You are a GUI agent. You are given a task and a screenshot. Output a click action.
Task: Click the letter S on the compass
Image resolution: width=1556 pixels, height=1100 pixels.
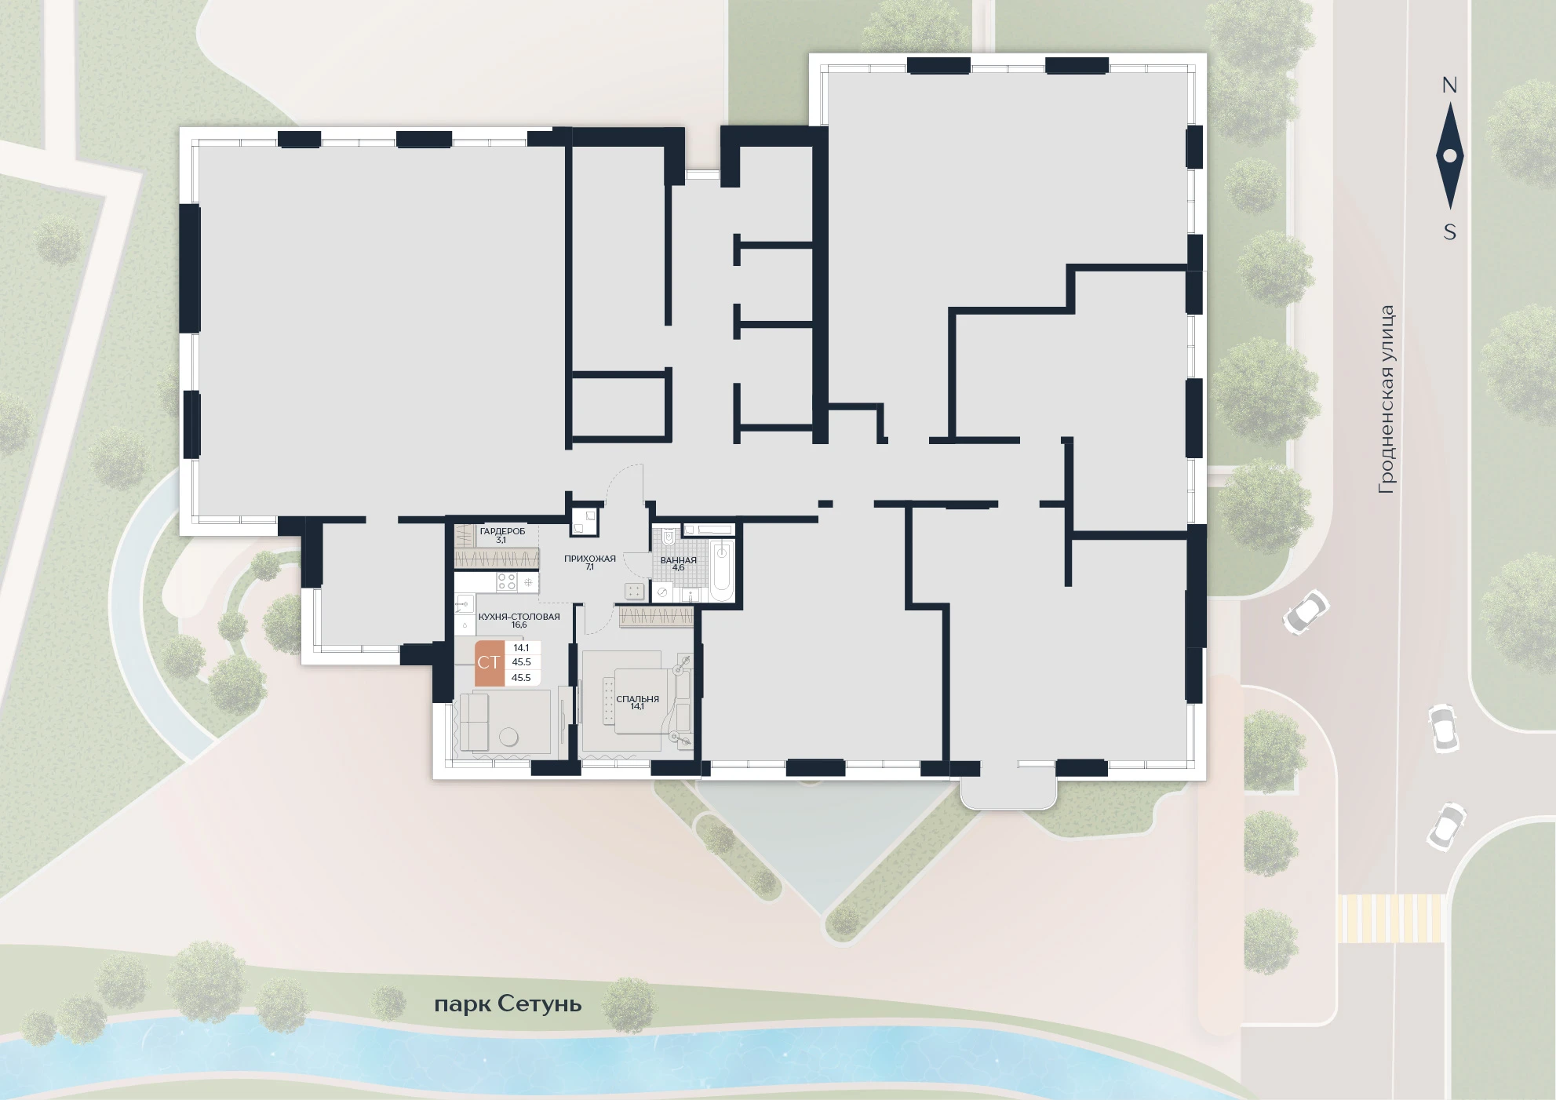click(1450, 232)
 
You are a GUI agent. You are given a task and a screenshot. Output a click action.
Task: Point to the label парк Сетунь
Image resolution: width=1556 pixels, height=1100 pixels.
click(508, 1004)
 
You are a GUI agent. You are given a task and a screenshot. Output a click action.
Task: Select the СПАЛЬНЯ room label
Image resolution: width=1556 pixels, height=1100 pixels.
click(638, 699)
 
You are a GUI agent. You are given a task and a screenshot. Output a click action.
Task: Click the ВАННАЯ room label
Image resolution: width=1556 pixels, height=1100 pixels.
click(678, 560)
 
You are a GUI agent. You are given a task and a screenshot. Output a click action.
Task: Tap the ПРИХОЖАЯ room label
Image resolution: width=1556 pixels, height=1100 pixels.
click(590, 559)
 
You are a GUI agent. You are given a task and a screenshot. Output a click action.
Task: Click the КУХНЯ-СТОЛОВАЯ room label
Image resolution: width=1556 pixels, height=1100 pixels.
click(508, 617)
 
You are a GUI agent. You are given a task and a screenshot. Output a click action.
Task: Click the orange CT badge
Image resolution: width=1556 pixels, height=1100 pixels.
click(490, 663)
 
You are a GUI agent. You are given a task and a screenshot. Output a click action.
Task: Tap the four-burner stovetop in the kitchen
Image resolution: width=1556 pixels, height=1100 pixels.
click(507, 582)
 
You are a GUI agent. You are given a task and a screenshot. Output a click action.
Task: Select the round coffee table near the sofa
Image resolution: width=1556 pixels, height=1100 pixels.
click(508, 738)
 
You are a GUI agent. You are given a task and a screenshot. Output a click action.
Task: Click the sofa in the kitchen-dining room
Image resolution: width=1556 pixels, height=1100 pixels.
click(474, 722)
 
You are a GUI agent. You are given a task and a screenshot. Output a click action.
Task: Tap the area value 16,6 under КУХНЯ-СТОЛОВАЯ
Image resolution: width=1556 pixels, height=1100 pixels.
click(519, 625)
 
